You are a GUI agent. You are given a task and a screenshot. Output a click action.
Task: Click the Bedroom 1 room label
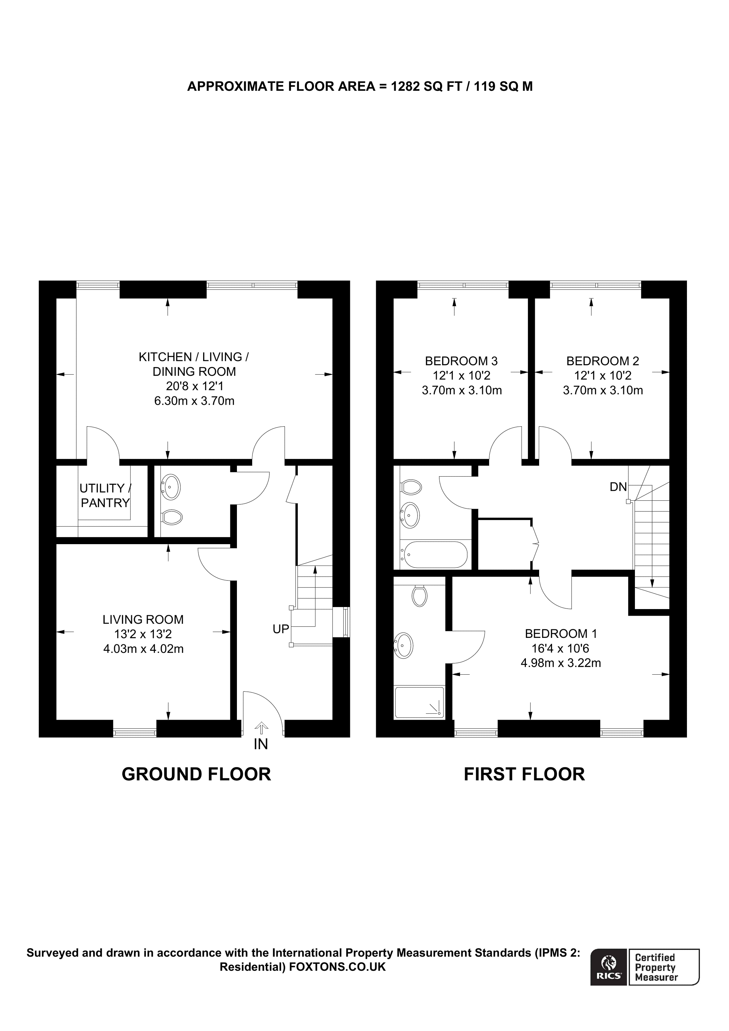pos(561,634)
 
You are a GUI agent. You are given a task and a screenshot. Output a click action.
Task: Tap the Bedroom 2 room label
pos(602,361)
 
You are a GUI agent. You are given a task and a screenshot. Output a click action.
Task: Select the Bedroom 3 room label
pos(461,361)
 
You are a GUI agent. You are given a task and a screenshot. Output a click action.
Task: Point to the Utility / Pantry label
pos(105,495)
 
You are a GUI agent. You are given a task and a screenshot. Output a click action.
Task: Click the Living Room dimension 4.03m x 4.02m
pos(143,649)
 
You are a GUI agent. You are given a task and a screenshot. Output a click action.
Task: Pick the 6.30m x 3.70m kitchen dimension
pos(194,400)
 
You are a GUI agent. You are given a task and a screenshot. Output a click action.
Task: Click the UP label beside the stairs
pos(281,629)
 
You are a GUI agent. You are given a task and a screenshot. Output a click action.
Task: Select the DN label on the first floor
pos(618,486)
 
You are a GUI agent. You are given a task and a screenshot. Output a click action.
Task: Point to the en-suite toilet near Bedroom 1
pos(420,596)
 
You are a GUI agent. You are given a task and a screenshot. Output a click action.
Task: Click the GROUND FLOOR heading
pos(196,774)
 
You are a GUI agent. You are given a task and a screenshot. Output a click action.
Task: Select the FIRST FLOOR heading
pos(524,774)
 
